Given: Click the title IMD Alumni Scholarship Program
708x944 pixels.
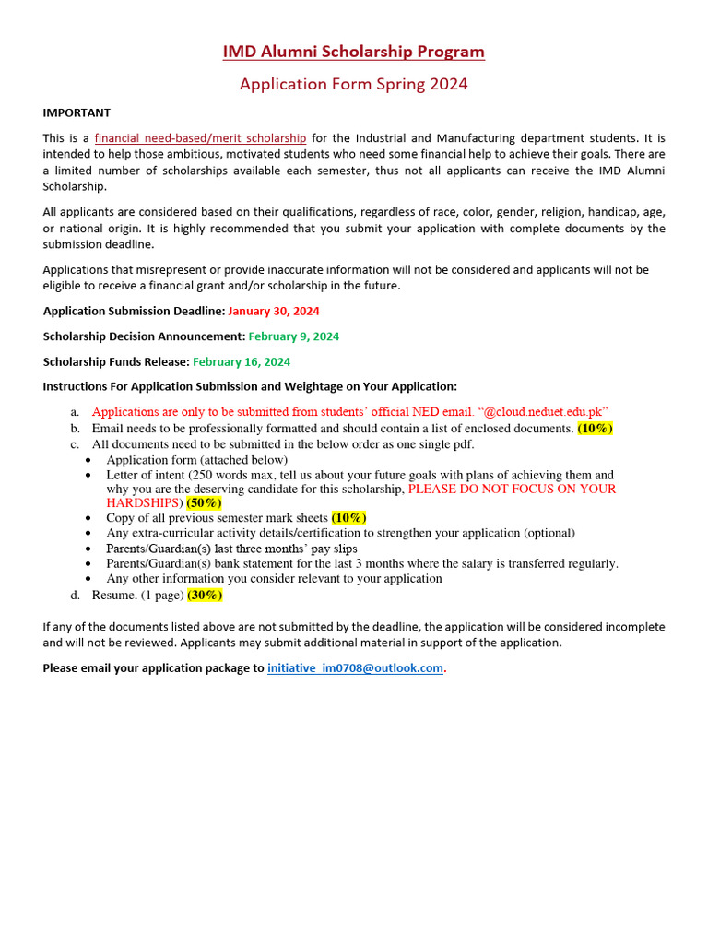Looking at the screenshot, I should pos(354,52).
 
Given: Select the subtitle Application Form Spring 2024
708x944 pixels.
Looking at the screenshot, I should pos(354,84).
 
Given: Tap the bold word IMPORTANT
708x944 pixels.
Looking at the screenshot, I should pos(77,112).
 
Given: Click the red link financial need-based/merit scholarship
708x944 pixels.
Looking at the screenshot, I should pos(201,138).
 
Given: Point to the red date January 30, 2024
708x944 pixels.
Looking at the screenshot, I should pos(274,312).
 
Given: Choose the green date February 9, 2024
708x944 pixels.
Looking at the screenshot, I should pos(294,336).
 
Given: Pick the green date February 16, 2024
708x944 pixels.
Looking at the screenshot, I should pos(242,361).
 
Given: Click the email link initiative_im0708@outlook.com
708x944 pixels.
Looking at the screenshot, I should pos(356,668).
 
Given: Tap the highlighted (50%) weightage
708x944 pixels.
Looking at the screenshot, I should pos(204,503).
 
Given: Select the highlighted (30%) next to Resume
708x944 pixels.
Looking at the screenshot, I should pos(205,595).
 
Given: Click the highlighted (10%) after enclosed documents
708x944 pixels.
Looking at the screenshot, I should pos(596,429).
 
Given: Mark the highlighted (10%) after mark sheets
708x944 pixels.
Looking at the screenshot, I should pos(349,518).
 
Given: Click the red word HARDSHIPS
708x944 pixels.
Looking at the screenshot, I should pos(145,503).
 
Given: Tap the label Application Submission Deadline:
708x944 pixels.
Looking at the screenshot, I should pos(134,312).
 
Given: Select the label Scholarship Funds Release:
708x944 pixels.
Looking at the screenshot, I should pos(116,361).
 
